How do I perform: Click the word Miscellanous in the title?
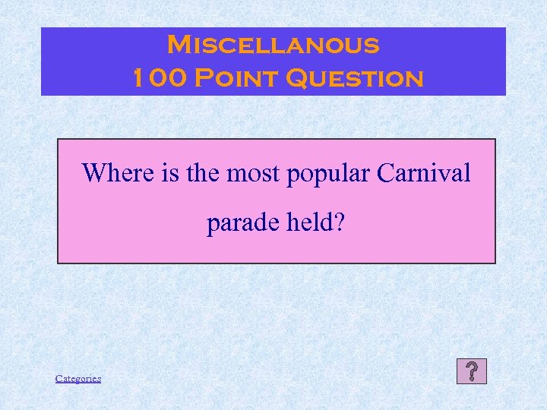point(273,45)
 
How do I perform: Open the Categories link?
point(78,378)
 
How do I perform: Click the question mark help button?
point(472,371)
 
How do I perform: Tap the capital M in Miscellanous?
point(179,45)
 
